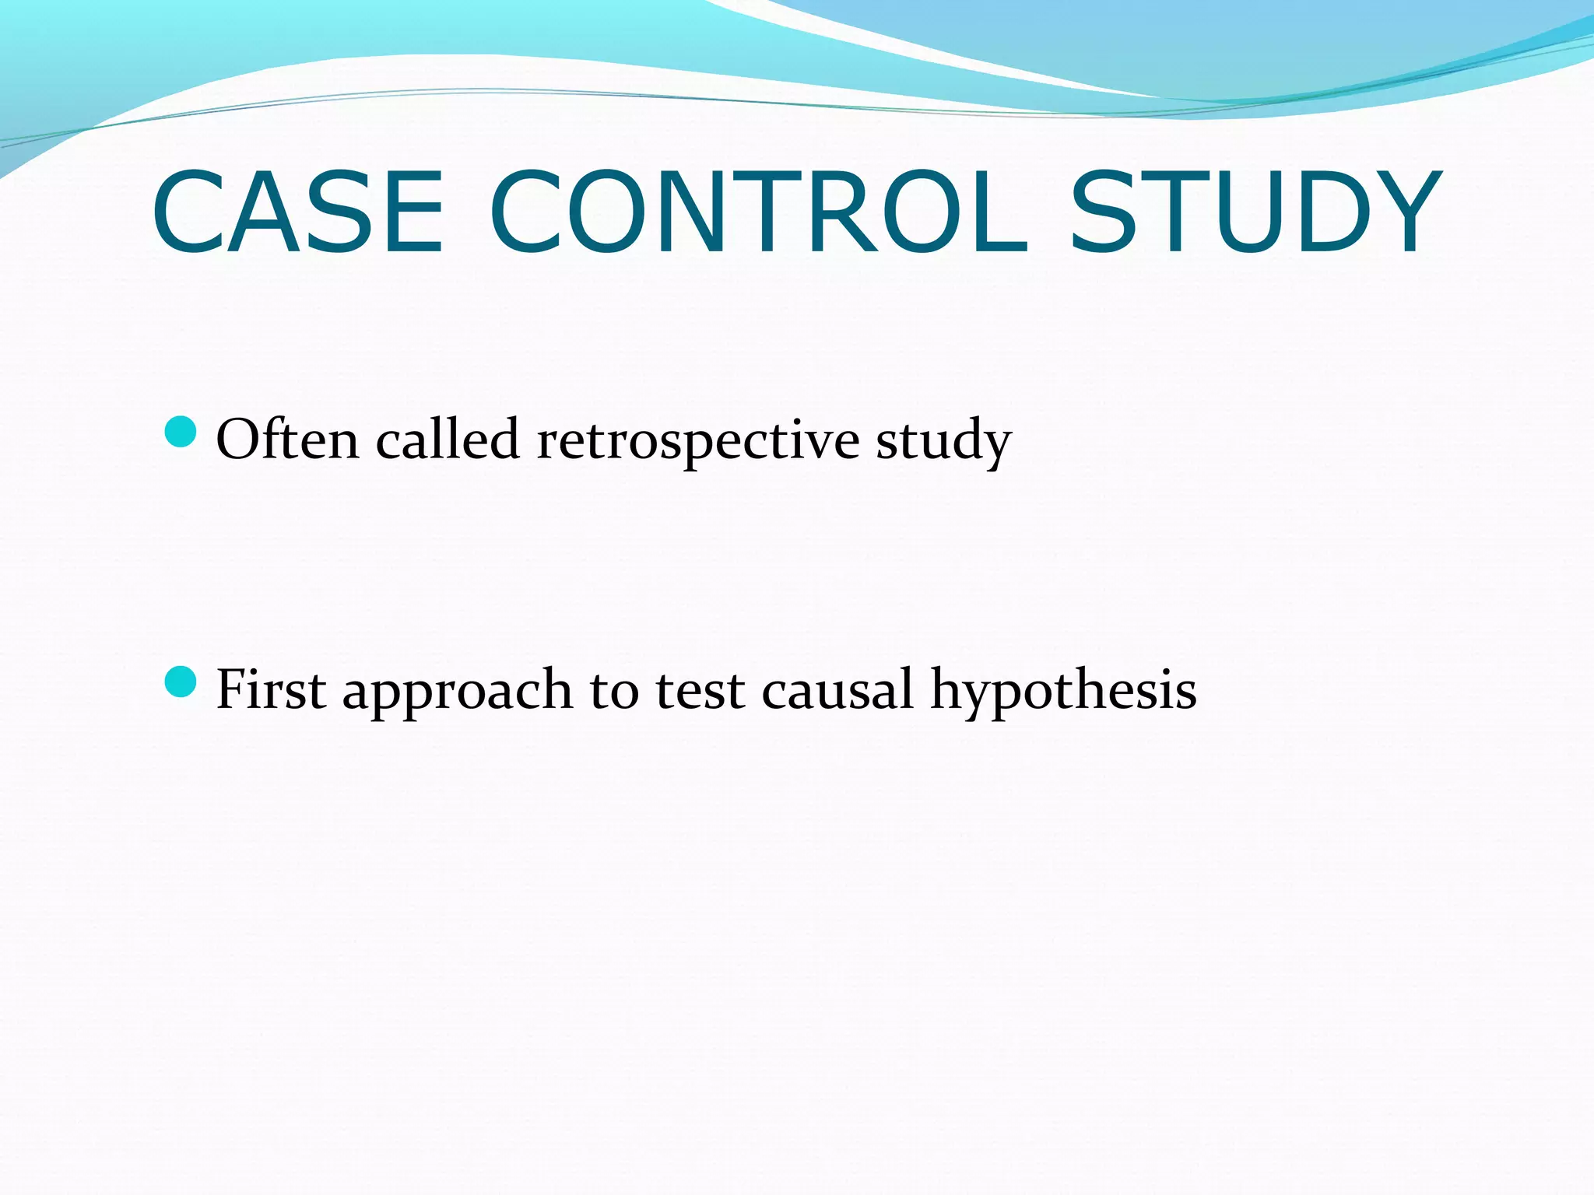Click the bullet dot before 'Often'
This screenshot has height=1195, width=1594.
[x=181, y=432]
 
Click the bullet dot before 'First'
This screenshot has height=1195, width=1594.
[x=181, y=682]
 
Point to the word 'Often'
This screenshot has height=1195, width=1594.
[x=287, y=440]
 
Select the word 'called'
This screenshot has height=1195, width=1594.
[x=448, y=440]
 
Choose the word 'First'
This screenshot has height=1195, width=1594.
[x=271, y=689]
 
